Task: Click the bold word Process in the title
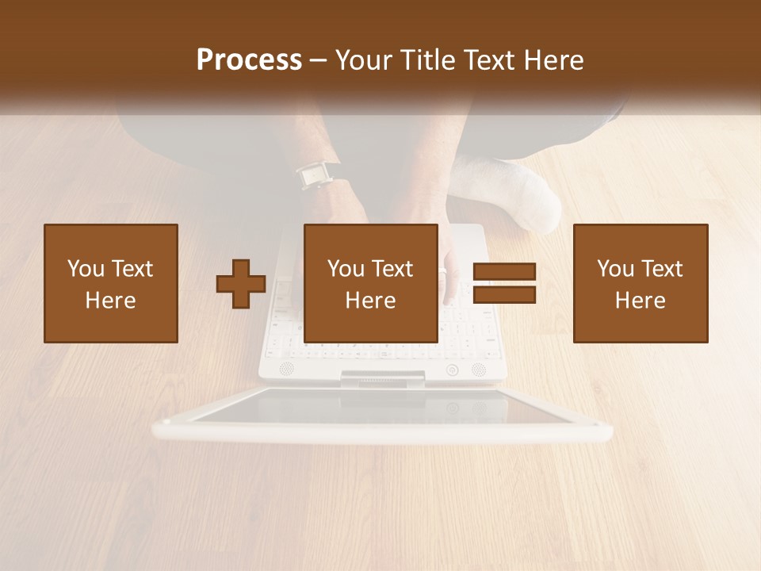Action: pyautogui.click(x=249, y=60)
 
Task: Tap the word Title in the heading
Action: pyautogui.click(x=427, y=60)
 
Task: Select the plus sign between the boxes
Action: pyautogui.click(x=241, y=284)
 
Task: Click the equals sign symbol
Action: pyautogui.click(x=504, y=283)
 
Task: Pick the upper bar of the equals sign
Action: pyautogui.click(x=504, y=272)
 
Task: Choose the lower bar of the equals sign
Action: pyautogui.click(x=504, y=294)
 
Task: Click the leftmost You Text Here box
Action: pyautogui.click(x=111, y=283)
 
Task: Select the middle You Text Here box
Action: pyautogui.click(x=371, y=283)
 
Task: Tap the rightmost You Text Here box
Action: pyautogui.click(x=641, y=283)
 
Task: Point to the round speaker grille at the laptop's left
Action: pyautogui.click(x=286, y=369)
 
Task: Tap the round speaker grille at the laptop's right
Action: pyautogui.click(x=478, y=369)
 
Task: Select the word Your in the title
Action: pyautogui.click(x=363, y=60)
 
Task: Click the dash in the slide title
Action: pyautogui.click(x=318, y=60)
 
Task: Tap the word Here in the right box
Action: pyautogui.click(x=641, y=300)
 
